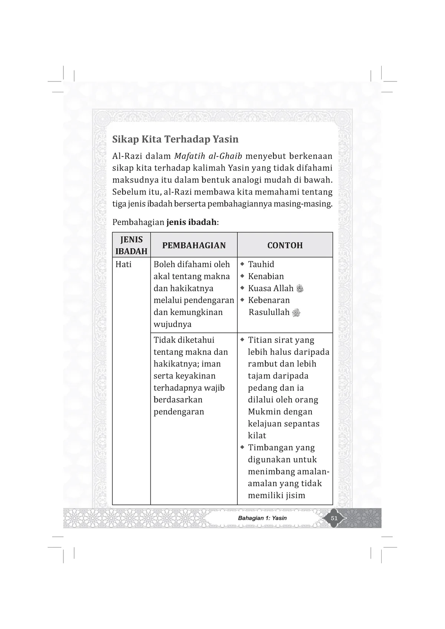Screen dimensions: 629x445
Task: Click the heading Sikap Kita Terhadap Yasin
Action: point(175,140)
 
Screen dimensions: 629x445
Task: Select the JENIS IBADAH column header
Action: point(131,245)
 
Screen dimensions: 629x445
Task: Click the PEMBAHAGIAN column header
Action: point(194,245)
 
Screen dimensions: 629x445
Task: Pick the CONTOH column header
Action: point(285,245)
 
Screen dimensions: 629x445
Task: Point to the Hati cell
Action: point(123,265)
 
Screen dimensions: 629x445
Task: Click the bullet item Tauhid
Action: point(261,265)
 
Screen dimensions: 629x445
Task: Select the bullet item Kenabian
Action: point(266,277)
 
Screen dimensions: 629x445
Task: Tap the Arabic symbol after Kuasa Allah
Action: point(300,289)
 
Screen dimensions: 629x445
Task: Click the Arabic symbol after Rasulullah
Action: point(296,313)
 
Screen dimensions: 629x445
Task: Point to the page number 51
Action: point(334,518)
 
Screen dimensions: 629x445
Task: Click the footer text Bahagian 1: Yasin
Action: point(262,518)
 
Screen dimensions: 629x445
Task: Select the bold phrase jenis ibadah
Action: point(191,222)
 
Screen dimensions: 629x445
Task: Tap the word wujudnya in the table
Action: point(172,324)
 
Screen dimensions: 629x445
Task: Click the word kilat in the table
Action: point(257,436)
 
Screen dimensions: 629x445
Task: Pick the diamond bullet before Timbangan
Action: point(242,447)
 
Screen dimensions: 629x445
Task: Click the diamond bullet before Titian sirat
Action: point(242,340)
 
